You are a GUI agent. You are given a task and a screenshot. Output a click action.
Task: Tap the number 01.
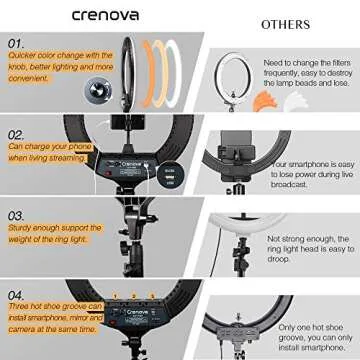[16, 45]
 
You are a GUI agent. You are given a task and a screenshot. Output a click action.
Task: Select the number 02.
[17, 133]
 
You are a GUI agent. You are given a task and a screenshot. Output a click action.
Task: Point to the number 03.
[17, 215]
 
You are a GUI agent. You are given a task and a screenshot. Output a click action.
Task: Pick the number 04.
[17, 294]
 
